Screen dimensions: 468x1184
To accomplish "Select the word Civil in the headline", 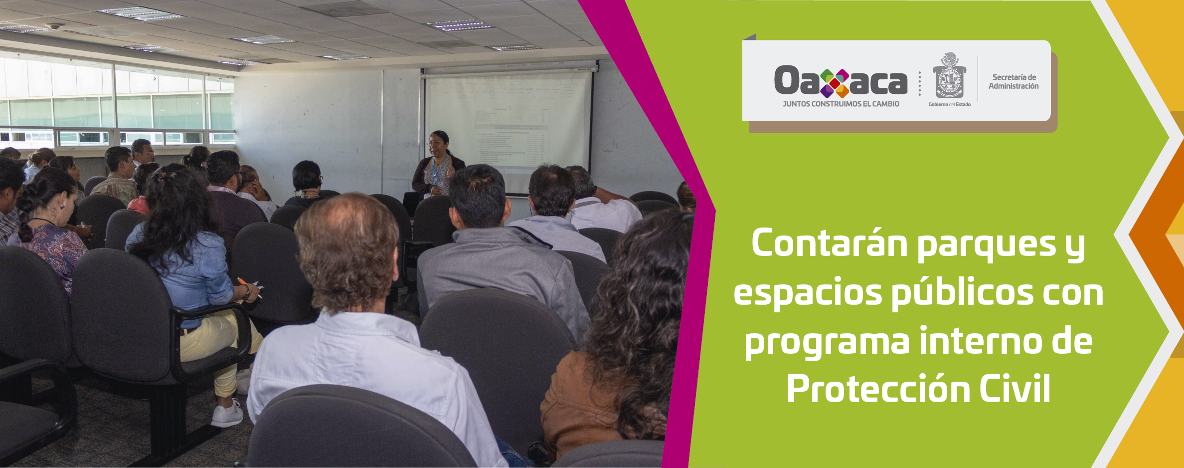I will point(1015,390).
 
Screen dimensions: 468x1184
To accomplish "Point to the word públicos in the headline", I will point(962,293).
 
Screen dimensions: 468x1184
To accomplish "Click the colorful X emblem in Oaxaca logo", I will point(835,83).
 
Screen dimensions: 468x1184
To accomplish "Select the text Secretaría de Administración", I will point(1014,81).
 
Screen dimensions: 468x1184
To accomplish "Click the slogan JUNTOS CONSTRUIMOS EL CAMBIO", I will point(841,104).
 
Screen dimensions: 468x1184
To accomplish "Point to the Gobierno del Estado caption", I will point(949,104).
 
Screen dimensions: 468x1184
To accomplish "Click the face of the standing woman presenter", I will point(438,144).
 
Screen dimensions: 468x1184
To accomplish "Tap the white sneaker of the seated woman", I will point(227,415).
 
